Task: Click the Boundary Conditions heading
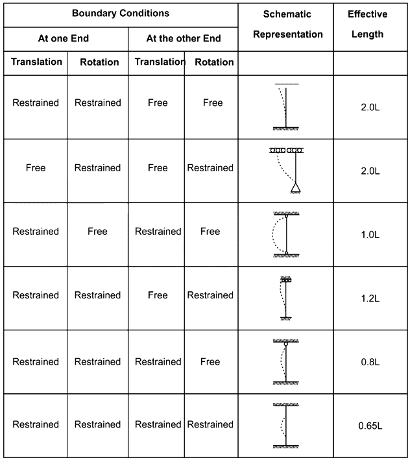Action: [121, 13]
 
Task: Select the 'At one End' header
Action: [64, 38]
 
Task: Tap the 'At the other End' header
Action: [184, 38]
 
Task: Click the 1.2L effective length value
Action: [370, 298]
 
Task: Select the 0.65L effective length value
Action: [370, 426]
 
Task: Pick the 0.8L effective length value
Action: [370, 362]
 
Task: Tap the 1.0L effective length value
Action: [370, 235]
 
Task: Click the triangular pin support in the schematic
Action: [296, 188]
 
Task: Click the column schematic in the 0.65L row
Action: [286, 426]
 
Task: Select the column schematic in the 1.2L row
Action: [286, 298]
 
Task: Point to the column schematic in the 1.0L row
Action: [286, 234]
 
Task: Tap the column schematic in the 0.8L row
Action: [286, 362]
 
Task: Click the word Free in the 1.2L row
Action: [158, 295]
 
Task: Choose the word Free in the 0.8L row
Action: [210, 362]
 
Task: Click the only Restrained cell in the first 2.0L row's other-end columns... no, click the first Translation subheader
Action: [37, 62]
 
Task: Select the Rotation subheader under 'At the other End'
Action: [215, 62]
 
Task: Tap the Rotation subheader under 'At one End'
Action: [99, 62]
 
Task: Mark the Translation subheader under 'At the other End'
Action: [160, 62]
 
